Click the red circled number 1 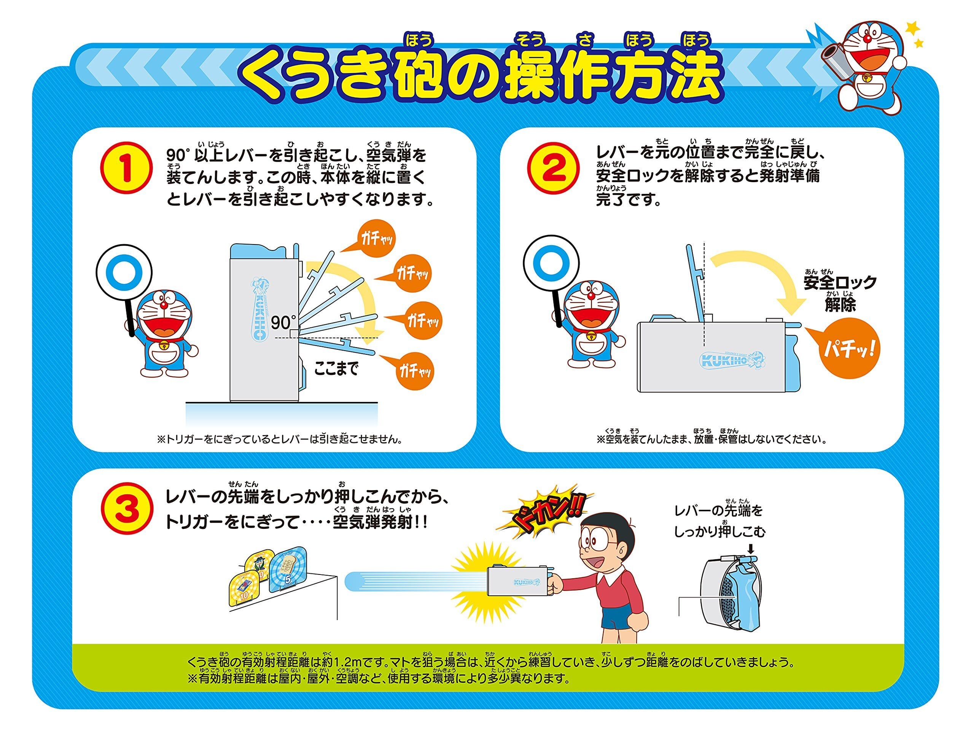click(126, 168)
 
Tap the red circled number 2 click(553, 168)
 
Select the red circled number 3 click(127, 509)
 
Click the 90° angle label click(283, 322)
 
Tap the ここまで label click(336, 368)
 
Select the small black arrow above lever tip click(751, 549)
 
